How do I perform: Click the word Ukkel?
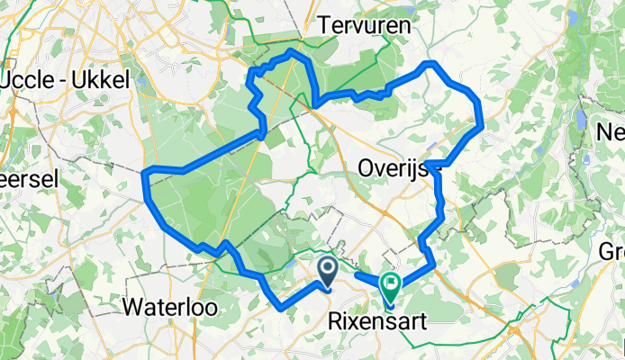(x=105, y=79)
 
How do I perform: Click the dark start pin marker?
(x=327, y=269)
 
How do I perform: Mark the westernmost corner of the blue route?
(x=145, y=172)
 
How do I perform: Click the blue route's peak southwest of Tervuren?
(x=291, y=53)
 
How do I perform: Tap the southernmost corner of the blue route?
(x=285, y=309)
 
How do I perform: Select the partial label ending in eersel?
(x=29, y=178)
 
